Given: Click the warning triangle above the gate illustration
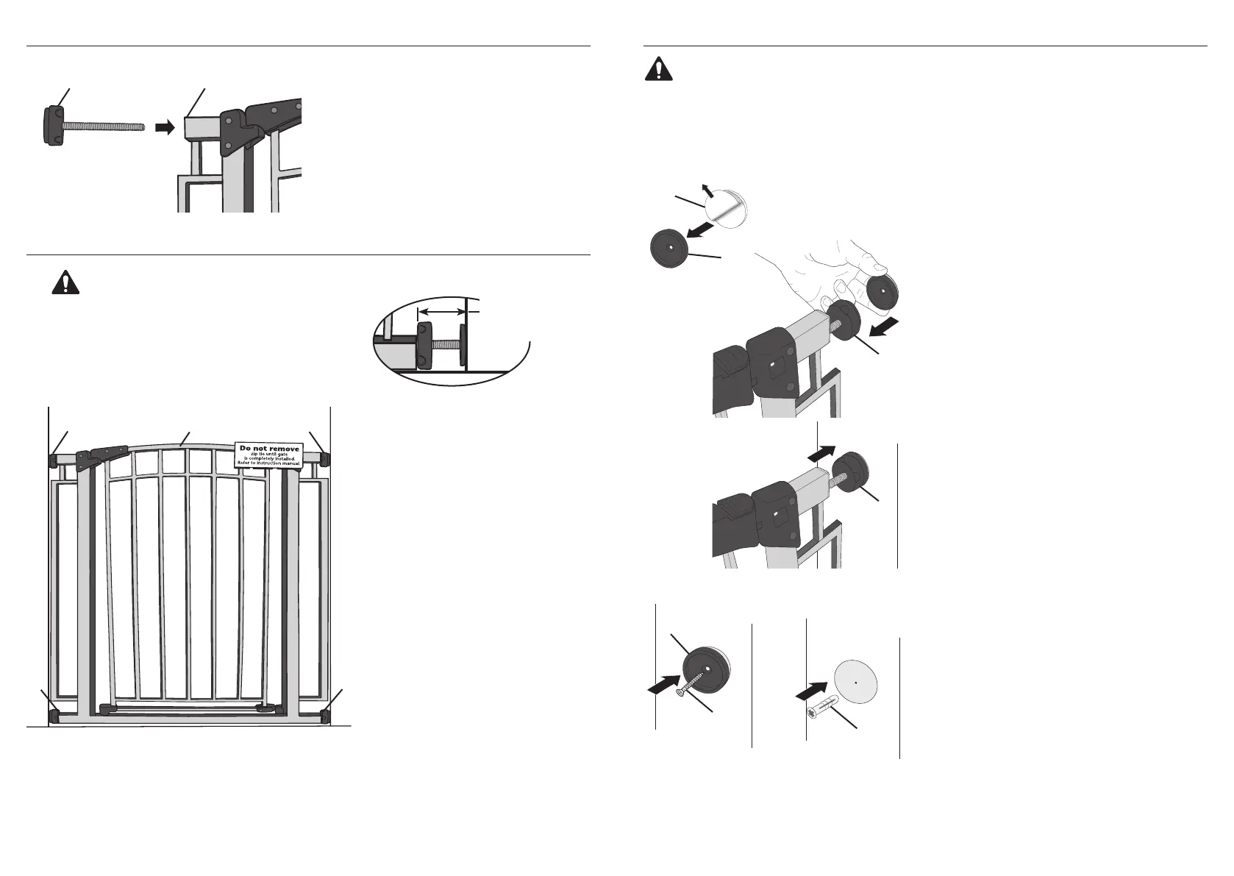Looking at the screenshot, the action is click(x=65, y=284).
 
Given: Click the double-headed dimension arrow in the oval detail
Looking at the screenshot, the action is click(x=441, y=313).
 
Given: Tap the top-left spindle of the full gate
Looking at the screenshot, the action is click(x=53, y=460).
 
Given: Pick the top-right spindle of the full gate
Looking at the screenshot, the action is click(x=326, y=460).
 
